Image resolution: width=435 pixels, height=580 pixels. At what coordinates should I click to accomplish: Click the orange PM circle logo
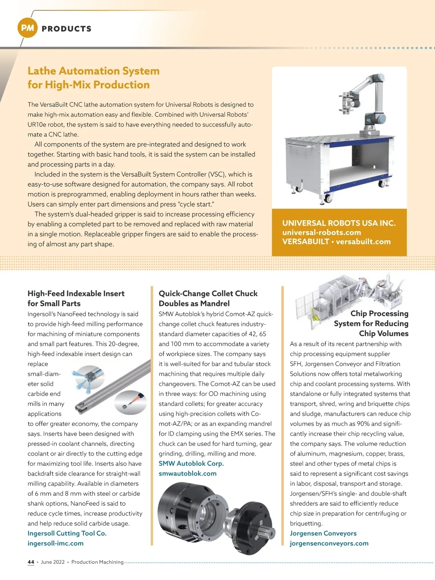28,28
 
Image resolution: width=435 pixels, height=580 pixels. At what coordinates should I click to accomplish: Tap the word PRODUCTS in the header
67,29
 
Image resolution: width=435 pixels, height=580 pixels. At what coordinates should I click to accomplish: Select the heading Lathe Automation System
94,71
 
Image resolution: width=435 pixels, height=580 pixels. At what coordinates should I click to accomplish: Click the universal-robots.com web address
322,232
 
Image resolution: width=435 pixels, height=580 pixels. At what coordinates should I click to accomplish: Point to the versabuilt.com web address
363,242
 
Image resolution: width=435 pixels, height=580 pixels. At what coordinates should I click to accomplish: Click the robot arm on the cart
362,101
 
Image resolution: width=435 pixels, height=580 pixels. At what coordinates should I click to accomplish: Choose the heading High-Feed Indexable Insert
76,294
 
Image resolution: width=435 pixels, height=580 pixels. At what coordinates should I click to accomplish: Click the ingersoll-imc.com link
55,543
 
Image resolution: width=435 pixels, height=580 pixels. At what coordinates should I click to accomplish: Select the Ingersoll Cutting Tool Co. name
67,533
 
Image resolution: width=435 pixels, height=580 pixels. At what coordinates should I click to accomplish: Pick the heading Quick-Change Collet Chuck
208,294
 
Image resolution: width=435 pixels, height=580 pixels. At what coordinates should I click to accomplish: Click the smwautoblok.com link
187,473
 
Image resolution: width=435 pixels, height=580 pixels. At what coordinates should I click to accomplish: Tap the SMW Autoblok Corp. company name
191,463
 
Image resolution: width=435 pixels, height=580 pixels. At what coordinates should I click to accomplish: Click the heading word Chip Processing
379,314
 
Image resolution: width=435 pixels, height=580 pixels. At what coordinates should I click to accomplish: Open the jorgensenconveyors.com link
329,543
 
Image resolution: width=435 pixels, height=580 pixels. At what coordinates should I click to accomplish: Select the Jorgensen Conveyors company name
323,533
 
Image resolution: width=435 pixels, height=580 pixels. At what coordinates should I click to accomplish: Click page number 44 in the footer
31,562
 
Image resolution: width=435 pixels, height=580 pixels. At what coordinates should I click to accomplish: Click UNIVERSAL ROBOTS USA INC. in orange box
339,223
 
